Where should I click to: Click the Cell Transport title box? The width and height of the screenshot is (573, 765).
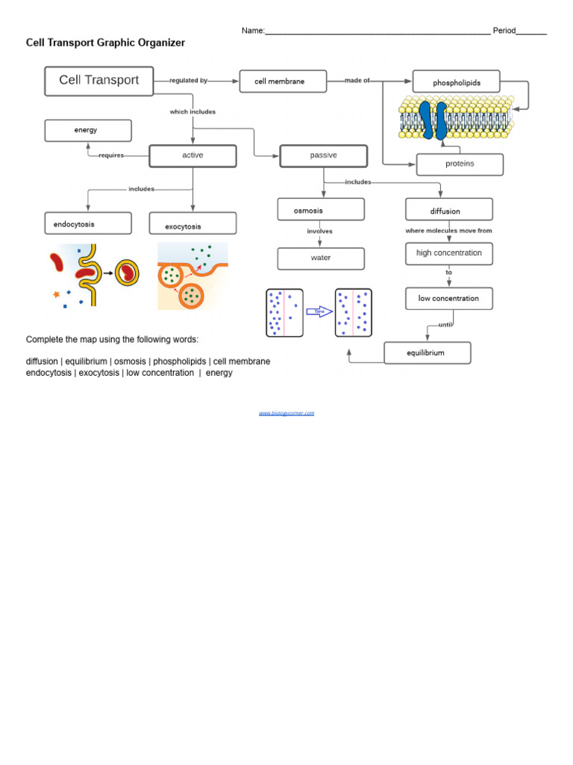pos(98,81)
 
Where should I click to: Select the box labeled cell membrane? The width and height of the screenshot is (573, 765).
pos(283,81)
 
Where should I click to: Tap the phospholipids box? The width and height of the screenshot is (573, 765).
pos(456,82)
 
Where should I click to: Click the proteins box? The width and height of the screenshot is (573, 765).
pos(460,164)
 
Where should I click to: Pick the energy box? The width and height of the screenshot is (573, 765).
pos(88,131)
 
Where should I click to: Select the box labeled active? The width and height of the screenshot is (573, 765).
pos(192,155)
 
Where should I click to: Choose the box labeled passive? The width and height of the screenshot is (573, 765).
pos(323,155)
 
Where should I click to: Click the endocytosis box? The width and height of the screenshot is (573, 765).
pos(88,223)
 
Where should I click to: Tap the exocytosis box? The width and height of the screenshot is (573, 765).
pos(192,224)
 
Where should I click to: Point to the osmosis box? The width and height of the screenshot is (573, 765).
pos(321,210)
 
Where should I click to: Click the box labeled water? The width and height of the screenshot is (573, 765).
pos(321,258)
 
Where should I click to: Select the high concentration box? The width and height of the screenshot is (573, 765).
pos(449,253)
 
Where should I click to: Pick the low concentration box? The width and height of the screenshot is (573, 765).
pos(449,299)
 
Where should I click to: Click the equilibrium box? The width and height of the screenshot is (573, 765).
pos(427,353)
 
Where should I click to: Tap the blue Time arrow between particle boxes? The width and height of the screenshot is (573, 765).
pos(319,312)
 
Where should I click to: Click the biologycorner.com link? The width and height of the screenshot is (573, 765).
pos(286,413)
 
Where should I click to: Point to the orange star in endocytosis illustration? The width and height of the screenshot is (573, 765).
pos(56,294)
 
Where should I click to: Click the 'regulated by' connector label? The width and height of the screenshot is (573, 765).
pos(188,81)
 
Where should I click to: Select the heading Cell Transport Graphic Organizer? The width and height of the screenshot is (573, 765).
pos(105,43)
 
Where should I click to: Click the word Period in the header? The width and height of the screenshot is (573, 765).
pos(504,31)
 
